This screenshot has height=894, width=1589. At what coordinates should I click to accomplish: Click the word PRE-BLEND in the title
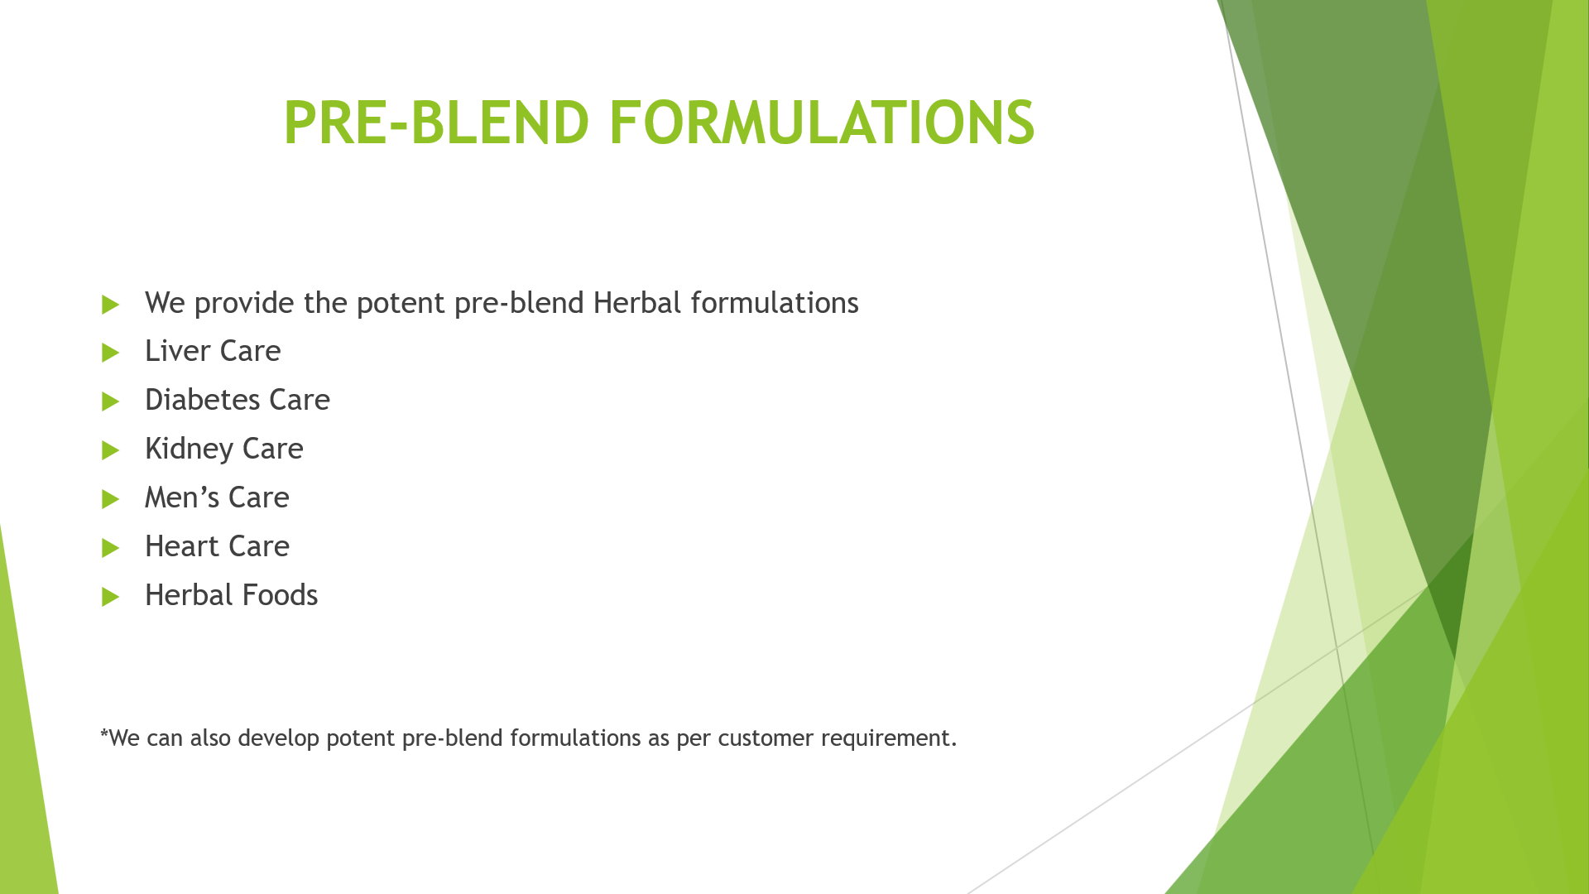coord(436,123)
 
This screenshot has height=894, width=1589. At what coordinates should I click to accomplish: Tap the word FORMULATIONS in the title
coord(822,123)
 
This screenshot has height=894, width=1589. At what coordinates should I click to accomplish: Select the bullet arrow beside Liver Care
coord(111,353)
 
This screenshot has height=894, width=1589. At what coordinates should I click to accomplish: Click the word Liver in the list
coord(178,351)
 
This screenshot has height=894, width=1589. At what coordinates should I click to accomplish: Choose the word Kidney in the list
coord(190,449)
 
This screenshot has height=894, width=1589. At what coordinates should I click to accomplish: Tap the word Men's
coord(183,497)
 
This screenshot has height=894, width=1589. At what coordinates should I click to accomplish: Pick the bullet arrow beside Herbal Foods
coord(111,597)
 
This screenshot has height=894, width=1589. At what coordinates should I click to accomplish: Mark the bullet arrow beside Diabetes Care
coord(111,401)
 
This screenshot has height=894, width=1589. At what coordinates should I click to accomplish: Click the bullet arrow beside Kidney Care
coord(111,450)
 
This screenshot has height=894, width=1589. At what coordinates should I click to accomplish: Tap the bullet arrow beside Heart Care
coord(111,548)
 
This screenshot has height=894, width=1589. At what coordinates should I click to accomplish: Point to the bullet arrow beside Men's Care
coord(111,499)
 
